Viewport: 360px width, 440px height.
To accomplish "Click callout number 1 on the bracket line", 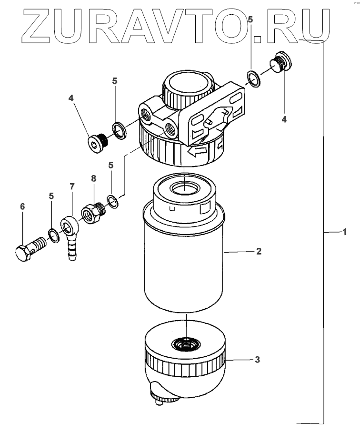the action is coord(344,232).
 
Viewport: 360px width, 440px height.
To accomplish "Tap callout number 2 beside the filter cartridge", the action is coord(259,251).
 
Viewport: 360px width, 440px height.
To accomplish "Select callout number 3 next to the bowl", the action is coord(257,360).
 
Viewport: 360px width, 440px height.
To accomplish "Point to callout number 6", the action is coord(22,206).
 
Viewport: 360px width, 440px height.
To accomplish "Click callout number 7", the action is coord(72,186).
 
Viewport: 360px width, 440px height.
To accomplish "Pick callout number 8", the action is coord(93,178).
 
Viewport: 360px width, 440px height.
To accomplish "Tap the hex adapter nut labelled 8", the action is coord(93,213).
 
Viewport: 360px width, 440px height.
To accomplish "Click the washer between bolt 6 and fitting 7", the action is coord(53,235).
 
